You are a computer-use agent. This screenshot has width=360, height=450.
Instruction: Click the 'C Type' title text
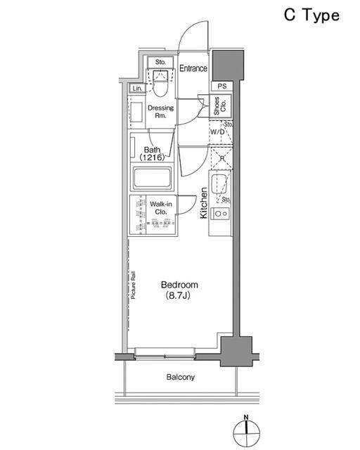click(x=311, y=15)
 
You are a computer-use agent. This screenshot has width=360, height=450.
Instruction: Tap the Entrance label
click(x=193, y=68)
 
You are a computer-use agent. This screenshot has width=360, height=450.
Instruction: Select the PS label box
click(x=221, y=86)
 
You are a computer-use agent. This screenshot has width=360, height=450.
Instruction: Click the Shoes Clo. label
click(x=220, y=105)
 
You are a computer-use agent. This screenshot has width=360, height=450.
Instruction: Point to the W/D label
click(x=217, y=132)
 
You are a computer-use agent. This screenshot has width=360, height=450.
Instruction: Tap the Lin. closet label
click(x=137, y=89)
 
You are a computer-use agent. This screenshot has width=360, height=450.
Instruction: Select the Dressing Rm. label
click(x=160, y=112)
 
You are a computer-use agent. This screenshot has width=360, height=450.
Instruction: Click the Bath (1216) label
click(x=152, y=153)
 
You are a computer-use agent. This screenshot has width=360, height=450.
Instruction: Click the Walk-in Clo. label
click(x=161, y=208)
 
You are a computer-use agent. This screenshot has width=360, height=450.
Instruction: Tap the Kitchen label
click(x=203, y=203)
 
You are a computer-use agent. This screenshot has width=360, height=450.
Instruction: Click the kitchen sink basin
click(x=219, y=184)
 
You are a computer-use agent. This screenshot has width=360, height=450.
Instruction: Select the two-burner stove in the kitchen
click(x=221, y=214)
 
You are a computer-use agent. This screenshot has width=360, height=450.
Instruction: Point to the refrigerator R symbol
click(x=222, y=157)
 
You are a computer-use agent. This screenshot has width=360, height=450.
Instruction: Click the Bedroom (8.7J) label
click(x=179, y=290)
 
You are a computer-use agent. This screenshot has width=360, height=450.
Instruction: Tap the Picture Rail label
click(x=133, y=285)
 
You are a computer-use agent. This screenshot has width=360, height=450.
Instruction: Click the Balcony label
click(x=180, y=377)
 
